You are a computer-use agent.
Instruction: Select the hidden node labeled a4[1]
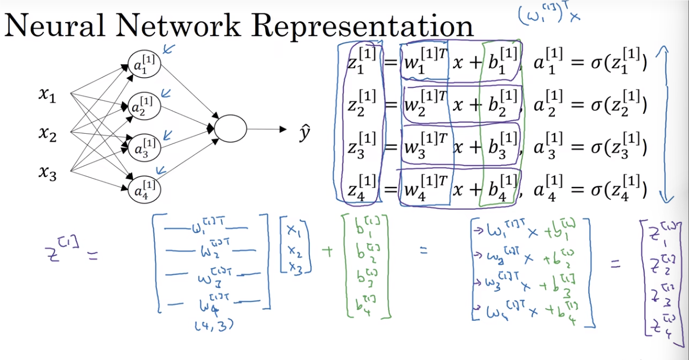144,189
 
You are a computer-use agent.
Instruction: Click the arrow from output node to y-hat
266,129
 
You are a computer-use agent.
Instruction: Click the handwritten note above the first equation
550,15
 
